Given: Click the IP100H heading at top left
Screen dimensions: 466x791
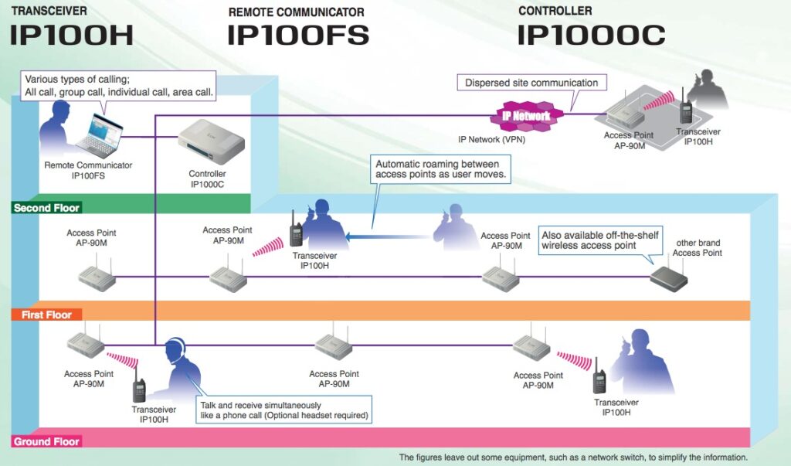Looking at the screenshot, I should pyautogui.click(x=71, y=34).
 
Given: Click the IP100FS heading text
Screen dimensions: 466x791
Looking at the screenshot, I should pyautogui.click(x=297, y=34).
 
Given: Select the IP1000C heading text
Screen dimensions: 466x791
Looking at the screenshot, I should pyautogui.click(x=591, y=34).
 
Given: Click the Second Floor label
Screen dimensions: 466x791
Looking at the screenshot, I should pyautogui.click(x=47, y=208).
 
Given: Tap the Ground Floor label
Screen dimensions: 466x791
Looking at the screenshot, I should pyautogui.click(x=46, y=442).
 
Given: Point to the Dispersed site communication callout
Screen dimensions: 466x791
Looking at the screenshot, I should pyautogui.click(x=531, y=83).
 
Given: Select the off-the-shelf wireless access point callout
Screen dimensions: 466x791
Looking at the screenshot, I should pyautogui.click(x=600, y=240).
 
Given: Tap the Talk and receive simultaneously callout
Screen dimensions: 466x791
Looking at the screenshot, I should pyautogui.click(x=283, y=410).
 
